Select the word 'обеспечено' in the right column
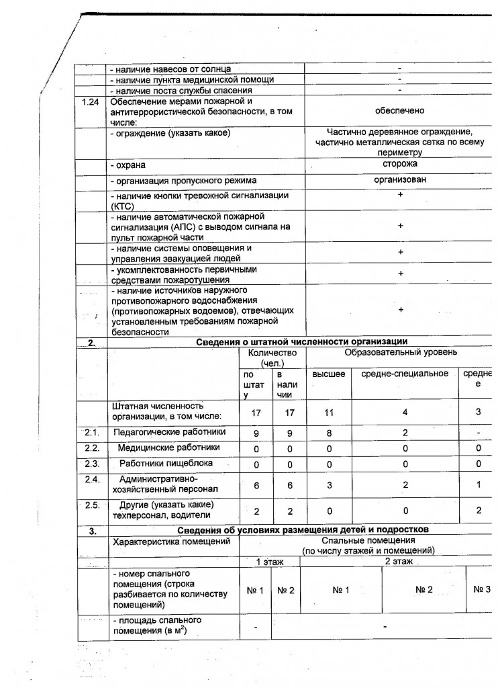click(x=399, y=111)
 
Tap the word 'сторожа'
click(x=400, y=163)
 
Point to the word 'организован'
click(x=400, y=180)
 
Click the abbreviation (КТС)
click(x=125, y=207)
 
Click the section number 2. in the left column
click(x=92, y=343)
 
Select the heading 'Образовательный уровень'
click(x=401, y=352)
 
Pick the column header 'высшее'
click(x=329, y=373)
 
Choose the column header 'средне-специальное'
click(x=405, y=373)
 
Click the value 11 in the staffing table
click(x=329, y=414)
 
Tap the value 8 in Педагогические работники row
click(x=329, y=433)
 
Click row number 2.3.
click(x=92, y=463)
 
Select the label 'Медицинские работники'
click(x=168, y=447)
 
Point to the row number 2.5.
click(x=92, y=505)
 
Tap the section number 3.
click(x=92, y=531)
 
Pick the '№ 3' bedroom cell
click(x=482, y=589)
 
